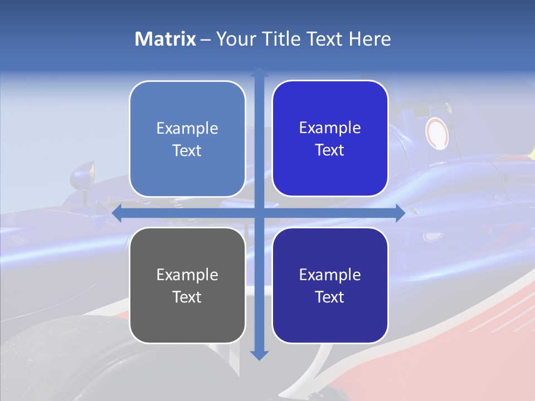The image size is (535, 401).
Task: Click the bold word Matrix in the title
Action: (x=165, y=39)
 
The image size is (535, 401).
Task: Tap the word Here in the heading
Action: (x=370, y=39)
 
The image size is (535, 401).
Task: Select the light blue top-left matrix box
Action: (x=187, y=139)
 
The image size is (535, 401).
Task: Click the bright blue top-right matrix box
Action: (x=330, y=139)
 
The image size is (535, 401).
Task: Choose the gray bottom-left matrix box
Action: (x=187, y=285)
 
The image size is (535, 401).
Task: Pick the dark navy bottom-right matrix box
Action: (x=330, y=285)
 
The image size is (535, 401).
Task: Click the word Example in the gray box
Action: (x=187, y=275)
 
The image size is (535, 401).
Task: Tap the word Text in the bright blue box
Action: (x=330, y=150)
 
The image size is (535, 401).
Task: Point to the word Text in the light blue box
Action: (x=187, y=151)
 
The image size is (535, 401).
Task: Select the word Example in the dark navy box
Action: (x=330, y=275)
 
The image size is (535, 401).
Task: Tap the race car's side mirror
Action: (x=82, y=175)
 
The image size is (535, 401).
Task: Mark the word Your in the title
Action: (x=235, y=39)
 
